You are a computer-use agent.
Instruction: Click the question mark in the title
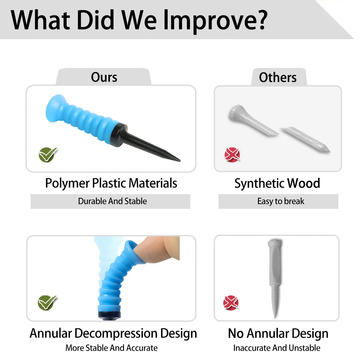(261, 20)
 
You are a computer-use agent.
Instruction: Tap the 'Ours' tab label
(104, 77)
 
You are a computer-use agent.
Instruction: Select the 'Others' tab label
(278, 77)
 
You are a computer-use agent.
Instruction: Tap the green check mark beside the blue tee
(47, 155)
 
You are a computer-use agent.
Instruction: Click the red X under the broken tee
(232, 155)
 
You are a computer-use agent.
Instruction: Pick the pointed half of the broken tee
(306, 139)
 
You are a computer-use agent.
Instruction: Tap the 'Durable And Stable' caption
(112, 201)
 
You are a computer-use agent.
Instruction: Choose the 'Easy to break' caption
(281, 201)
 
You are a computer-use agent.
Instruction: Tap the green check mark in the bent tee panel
(47, 303)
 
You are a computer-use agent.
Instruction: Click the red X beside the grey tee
(231, 303)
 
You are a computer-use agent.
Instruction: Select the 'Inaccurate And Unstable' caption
(277, 348)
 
